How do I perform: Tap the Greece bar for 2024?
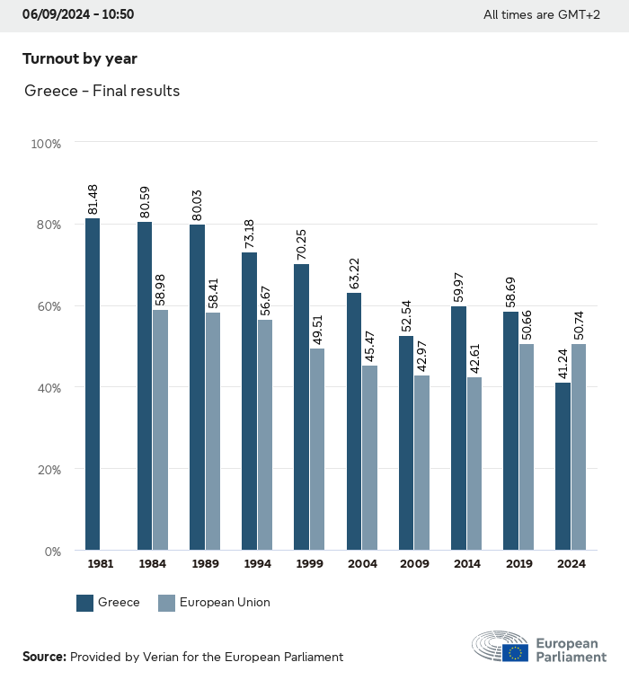(x=563, y=466)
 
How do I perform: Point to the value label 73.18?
(x=250, y=234)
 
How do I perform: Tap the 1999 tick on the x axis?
(x=308, y=564)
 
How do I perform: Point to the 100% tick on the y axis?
(x=46, y=143)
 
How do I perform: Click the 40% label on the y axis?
(x=49, y=388)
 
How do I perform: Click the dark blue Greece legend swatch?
(x=85, y=603)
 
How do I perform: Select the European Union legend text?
(x=225, y=603)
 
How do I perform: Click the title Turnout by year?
(x=80, y=59)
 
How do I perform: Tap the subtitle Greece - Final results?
(x=102, y=91)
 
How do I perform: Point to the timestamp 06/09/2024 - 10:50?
(x=78, y=14)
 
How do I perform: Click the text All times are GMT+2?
(x=542, y=14)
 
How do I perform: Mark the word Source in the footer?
(x=44, y=657)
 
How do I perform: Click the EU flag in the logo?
(x=515, y=652)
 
